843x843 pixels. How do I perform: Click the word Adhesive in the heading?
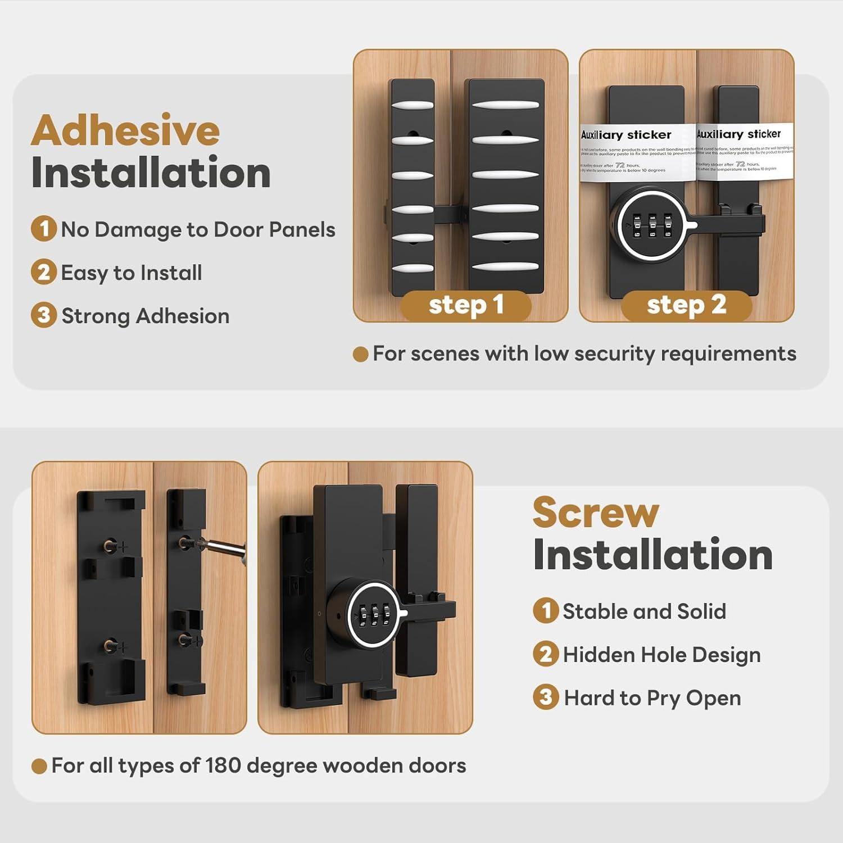click(125, 131)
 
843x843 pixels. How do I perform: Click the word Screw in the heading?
click(595, 513)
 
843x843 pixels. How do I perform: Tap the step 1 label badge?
click(466, 305)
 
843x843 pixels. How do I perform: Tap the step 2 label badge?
click(686, 305)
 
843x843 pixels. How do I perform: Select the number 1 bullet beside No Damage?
click(43, 229)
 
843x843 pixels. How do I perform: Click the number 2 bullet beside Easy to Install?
click(43, 272)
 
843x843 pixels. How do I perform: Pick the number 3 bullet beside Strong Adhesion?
click(43, 315)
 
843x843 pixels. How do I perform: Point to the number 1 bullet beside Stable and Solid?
click(545, 610)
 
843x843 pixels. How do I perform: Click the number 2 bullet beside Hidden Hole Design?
click(545, 654)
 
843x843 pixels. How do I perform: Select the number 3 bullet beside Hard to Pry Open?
click(545, 697)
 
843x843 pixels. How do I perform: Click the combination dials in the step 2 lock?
click(652, 225)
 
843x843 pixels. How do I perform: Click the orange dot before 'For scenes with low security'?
click(360, 354)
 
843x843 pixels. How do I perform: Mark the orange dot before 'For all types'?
click(39, 766)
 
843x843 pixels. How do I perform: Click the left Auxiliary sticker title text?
click(626, 135)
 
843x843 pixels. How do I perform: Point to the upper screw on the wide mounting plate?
click(110, 545)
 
